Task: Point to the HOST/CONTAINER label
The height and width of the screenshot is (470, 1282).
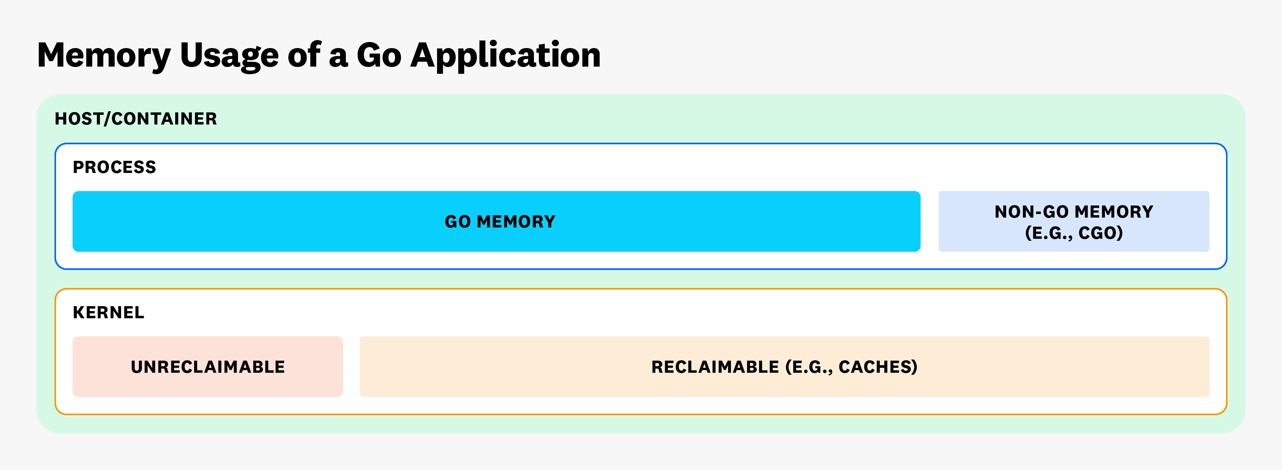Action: (136, 119)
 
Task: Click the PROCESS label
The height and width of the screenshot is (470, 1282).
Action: (114, 167)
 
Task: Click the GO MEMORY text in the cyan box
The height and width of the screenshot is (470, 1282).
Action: (499, 221)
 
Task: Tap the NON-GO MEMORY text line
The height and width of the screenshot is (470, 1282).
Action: (1074, 212)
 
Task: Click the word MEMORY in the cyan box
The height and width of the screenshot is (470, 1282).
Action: (516, 221)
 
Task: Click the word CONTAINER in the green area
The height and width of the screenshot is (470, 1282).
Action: (164, 119)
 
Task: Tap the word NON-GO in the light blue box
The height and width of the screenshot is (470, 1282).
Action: (1031, 212)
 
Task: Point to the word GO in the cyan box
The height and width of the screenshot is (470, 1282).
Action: (457, 221)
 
